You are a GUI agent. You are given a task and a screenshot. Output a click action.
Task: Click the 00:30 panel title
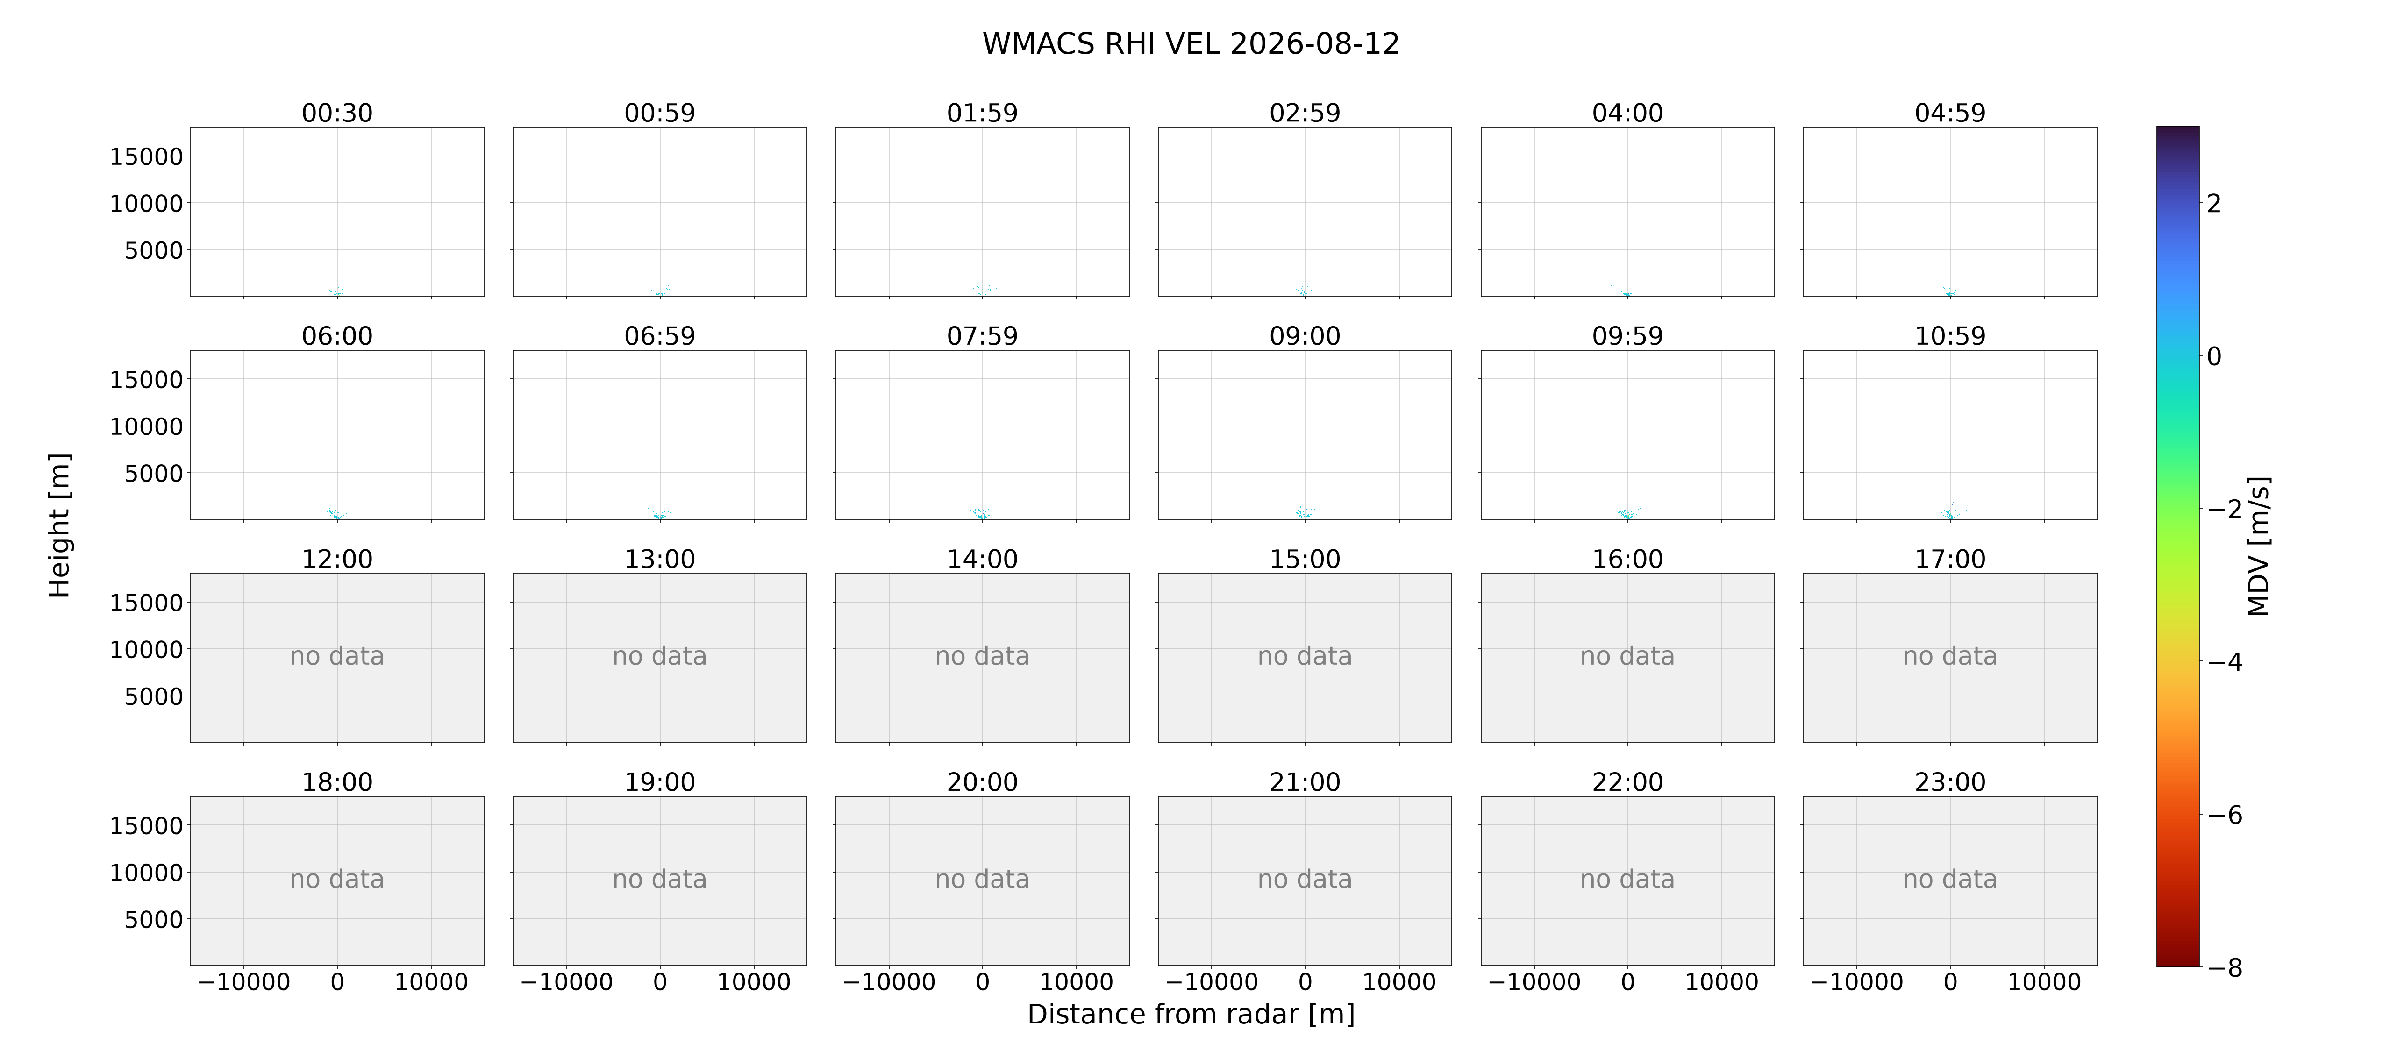click(x=337, y=113)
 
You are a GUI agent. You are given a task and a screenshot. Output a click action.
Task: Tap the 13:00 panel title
click(x=660, y=559)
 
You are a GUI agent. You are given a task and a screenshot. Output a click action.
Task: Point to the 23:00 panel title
click(x=1950, y=782)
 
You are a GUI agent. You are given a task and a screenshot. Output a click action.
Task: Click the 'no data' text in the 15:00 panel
click(x=1305, y=656)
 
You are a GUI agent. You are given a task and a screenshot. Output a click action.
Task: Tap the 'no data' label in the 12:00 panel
click(x=337, y=656)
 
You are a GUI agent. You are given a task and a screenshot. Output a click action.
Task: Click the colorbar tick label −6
click(x=2225, y=815)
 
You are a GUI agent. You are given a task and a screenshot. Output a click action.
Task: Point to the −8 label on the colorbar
click(x=2225, y=968)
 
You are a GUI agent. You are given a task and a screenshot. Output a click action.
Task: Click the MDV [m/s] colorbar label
click(x=2258, y=546)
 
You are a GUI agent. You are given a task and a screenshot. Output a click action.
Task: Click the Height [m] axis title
click(x=59, y=525)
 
